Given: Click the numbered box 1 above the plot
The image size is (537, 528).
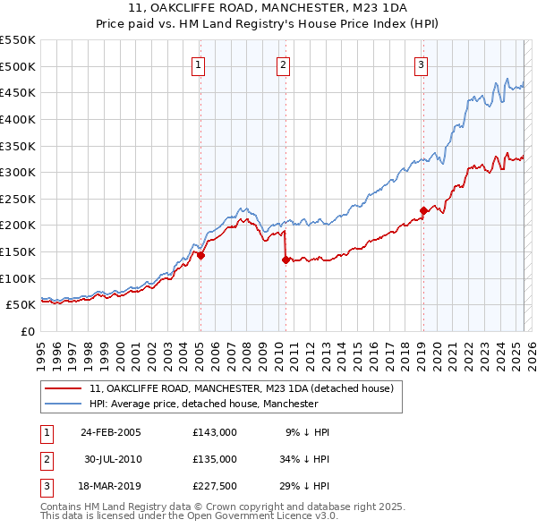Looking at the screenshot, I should pos(197,64).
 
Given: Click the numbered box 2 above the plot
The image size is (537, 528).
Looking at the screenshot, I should pos(283,64).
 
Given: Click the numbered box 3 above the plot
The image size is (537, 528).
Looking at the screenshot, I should pos(421,64).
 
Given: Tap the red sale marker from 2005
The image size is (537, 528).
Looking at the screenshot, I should pos(200,255).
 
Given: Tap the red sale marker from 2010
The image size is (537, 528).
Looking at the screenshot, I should pos(286,260).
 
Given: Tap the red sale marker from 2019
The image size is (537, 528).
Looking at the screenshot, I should pos(422,211).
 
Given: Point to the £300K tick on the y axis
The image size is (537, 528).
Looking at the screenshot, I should pos(20,172).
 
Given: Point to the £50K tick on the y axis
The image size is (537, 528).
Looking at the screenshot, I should pos(23,305).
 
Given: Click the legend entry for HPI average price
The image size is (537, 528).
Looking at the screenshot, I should pos(204,405).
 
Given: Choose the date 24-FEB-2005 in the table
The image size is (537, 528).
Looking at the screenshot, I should pos(111,432).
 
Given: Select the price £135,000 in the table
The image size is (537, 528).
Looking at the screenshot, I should pos(215,459).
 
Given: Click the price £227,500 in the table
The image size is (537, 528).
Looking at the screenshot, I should pos(215,486).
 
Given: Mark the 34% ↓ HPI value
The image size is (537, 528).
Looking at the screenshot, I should pos(306,459).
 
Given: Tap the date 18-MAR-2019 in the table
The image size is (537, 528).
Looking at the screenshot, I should pos(111,486).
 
